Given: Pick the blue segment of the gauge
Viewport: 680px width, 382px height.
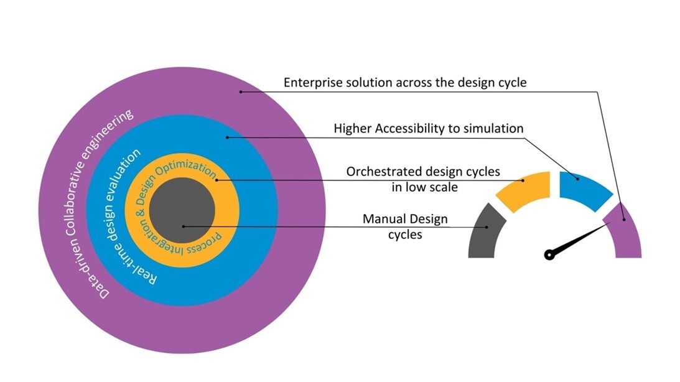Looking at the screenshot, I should point(585,185).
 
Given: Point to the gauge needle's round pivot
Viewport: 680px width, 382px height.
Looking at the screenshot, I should point(549,254).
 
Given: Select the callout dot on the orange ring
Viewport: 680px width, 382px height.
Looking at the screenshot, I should point(216,180).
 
